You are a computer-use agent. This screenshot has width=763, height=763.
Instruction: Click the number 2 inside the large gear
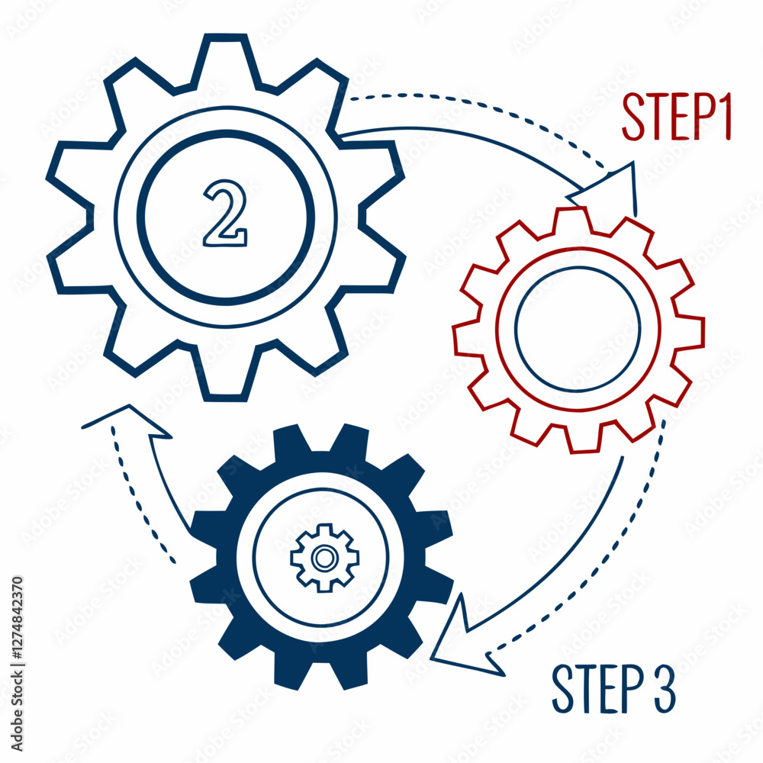click(225, 213)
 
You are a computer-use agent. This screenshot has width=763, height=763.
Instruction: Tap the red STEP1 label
click(677, 117)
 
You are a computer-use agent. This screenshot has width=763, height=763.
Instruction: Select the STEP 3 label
click(614, 688)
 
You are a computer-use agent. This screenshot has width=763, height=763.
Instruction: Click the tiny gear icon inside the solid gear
click(324, 558)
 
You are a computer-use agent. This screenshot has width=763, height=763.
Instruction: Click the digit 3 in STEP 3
click(665, 688)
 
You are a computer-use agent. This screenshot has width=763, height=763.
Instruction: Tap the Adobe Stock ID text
click(17, 665)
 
